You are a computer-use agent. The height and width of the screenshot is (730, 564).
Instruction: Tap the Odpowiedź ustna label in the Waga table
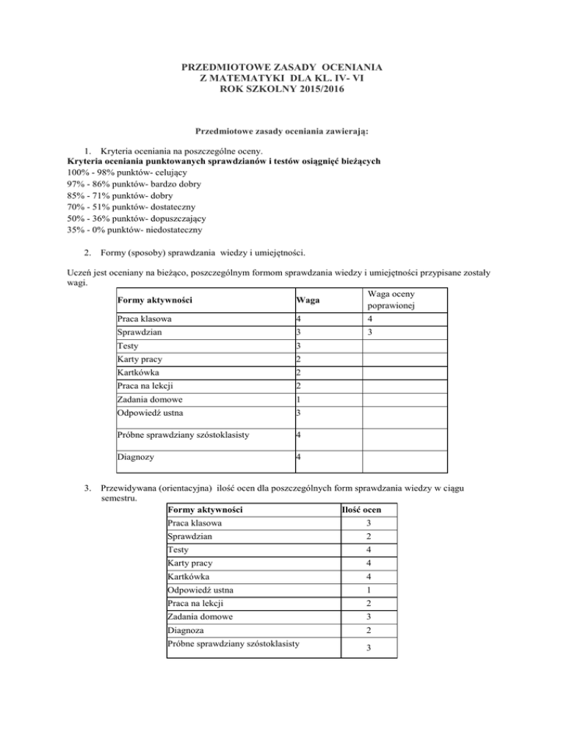pyautogui.click(x=148, y=413)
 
